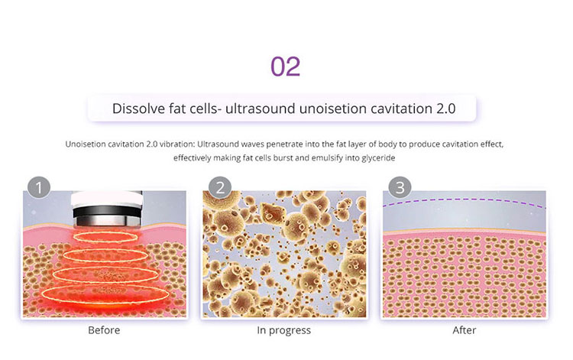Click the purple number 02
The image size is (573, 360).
pos(286,66)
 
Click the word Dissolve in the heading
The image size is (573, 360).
pos(138,108)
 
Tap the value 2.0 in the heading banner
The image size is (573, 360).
pos(445,108)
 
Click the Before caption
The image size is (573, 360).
pos(104,330)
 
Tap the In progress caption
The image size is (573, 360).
pos(284,330)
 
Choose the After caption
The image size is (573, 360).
pos(464,330)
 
